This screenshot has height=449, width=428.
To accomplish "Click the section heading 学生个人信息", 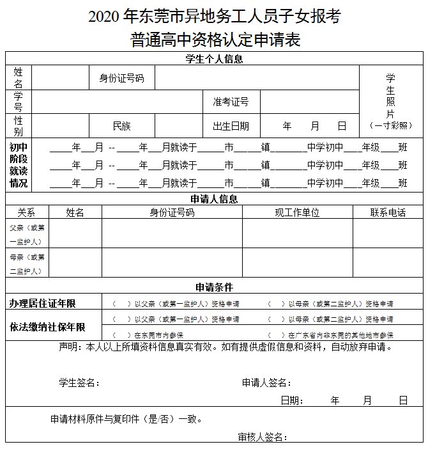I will tap(214, 59).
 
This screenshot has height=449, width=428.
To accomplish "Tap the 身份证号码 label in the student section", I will tap(121, 79).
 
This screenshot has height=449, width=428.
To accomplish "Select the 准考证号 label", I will tap(231, 102).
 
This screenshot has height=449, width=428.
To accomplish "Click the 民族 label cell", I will tap(121, 126).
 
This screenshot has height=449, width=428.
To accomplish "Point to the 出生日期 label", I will tap(231, 126).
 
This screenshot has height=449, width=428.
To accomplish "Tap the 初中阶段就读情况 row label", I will tap(19, 165).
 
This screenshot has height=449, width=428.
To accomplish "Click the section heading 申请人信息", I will tap(214, 199).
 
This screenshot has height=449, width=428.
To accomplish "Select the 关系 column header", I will tap(26, 212).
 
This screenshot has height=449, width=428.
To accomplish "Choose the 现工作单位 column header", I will tap(297, 212).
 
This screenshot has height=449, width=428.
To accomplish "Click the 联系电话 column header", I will tap(388, 212).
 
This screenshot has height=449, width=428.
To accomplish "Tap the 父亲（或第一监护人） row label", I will tap(27, 234).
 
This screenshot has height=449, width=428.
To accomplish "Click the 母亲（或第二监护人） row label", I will tap(27, 264).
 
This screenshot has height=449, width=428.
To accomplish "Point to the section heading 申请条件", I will tap(214, 287).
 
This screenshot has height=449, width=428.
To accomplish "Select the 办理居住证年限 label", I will tap(47, 303).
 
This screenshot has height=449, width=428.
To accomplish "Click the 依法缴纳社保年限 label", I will tap(47, 327).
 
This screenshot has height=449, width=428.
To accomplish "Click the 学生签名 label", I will tap(79, 382).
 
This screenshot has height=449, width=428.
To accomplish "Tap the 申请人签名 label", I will tap(266, 382).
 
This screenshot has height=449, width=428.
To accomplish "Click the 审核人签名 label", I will tap(261, 437).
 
